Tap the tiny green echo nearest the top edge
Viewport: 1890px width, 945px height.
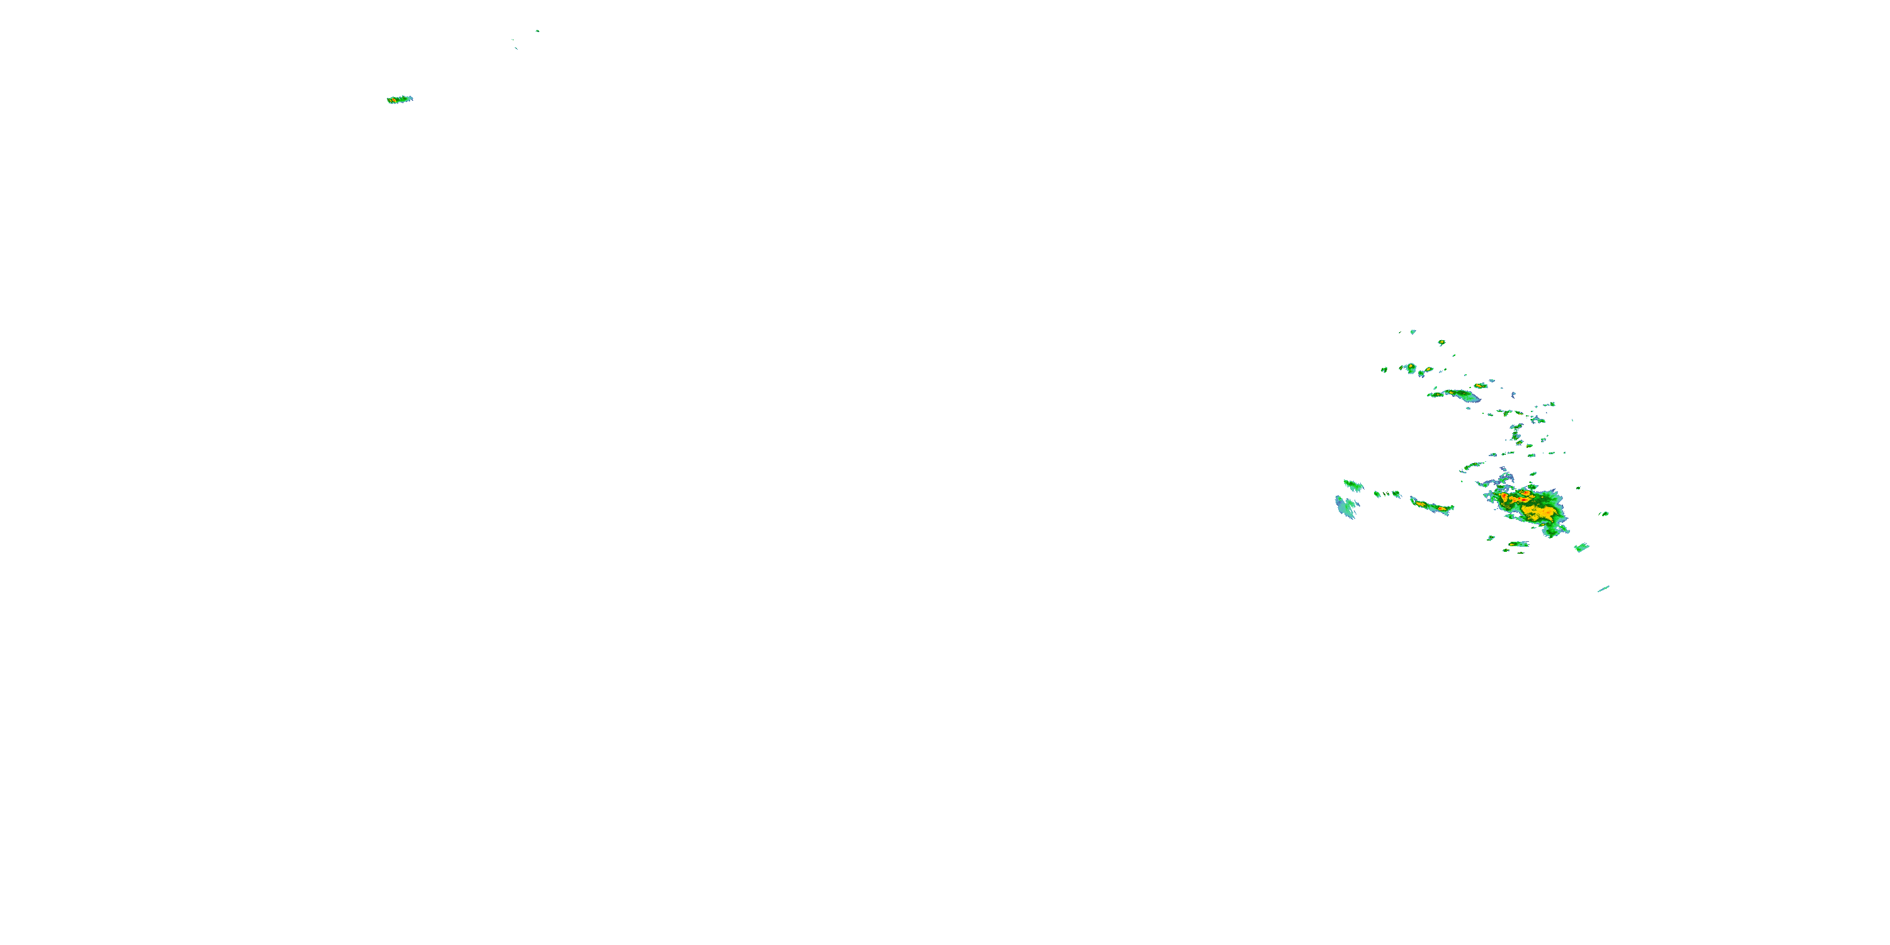click(x=537, y=31)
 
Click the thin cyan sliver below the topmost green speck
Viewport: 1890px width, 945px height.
click(x=516, y=49)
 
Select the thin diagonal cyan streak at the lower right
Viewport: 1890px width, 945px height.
click(x=1603, y=588)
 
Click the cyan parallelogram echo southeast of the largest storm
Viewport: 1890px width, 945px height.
click(x=1581, y=547)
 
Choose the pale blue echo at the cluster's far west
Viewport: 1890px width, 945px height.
click(x=1345, y=507)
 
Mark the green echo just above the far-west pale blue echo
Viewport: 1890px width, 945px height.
click(x=1353, y=485)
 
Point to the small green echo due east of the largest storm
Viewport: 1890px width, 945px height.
click(x=1605, y=513)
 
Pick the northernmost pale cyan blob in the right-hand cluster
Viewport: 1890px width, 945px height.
click(x=1412, y=331)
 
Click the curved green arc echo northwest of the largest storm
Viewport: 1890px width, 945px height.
click(x=1472, y=465)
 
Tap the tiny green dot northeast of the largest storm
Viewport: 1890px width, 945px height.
click(x=1579, y=488)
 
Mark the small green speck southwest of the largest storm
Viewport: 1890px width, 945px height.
click(x=1491, y=539)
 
